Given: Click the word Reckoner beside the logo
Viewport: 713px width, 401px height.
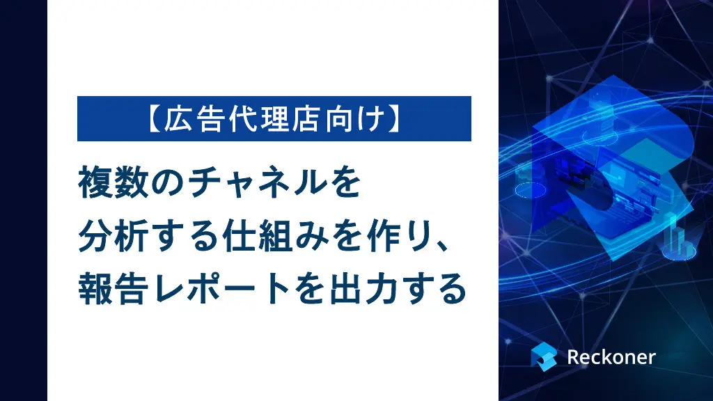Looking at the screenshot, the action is tap(611, 357).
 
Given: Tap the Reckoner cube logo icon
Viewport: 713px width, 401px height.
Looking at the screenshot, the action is tap(544, 357).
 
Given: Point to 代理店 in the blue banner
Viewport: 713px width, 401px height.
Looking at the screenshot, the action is tap(274, 119).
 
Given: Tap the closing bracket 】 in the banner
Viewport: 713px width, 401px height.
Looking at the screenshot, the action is tap(394, 119).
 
